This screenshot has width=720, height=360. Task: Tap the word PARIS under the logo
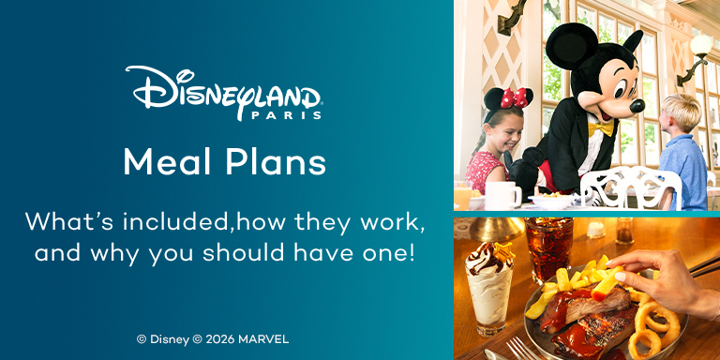point(286,115)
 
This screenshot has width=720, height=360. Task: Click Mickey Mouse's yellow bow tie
point(601,129)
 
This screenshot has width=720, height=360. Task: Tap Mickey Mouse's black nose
point(637,106)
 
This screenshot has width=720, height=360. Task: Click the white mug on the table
point(502,195)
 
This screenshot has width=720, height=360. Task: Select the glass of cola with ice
point(548,247)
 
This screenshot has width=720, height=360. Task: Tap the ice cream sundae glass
point(487,288)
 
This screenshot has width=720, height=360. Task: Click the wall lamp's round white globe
point(700,45)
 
